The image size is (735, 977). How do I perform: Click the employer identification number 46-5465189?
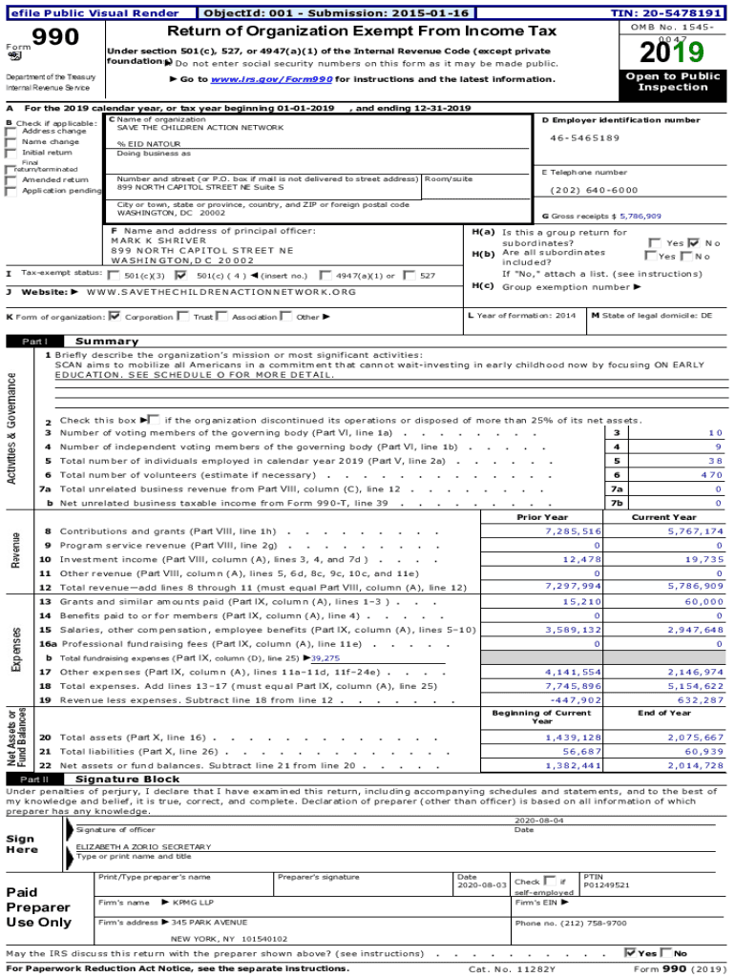[x=584, y=137]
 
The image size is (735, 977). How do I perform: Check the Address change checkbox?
[x=11, y=132]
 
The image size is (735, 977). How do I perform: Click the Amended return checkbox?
[x=11, y=179]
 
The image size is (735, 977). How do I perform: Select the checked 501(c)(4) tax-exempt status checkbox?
[x=180, y=275]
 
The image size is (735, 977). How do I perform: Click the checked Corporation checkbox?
[x=115, y=316]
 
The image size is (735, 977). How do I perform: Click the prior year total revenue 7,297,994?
[x=573, y=586]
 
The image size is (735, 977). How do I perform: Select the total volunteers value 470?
[x=711, y=474]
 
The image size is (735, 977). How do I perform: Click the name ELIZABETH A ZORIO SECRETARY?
[x=143, y=846]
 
